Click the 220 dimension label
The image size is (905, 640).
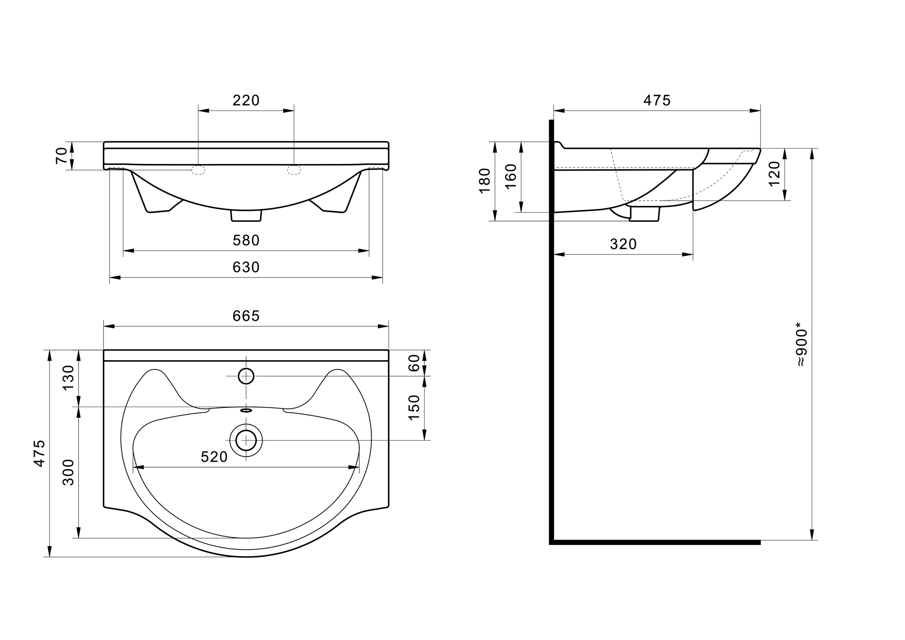click(x=246, y=101)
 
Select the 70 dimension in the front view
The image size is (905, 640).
click(x=62, y=156)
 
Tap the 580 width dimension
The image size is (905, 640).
click(x=246, y=240)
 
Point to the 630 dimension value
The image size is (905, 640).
click(x=246, y=267)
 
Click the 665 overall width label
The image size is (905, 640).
click(x=246, y=316)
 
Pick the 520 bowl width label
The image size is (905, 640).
click(x=214, y=457)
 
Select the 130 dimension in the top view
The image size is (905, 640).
click(x=68, y=378)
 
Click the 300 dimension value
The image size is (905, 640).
click(x=68, y=472)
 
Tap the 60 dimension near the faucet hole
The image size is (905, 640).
click(x=414, y=363)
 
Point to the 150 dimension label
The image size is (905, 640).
click(x=414, y=408)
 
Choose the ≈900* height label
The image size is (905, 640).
click(x=802, y=347)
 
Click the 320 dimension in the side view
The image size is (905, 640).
click(x=624, y=244)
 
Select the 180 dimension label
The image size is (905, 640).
click(x=485, y=181)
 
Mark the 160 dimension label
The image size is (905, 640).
click(x=511, y=176)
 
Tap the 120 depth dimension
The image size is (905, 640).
click(x=775, y=174)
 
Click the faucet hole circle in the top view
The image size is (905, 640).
click(x=246, y=376)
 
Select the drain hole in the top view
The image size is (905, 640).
click(x=246, y=440)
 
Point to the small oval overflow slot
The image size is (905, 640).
click(x=246, y=410)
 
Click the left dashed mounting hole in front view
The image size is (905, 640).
click(x=198, y=170)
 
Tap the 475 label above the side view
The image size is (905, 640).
click(x=657, y=101)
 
